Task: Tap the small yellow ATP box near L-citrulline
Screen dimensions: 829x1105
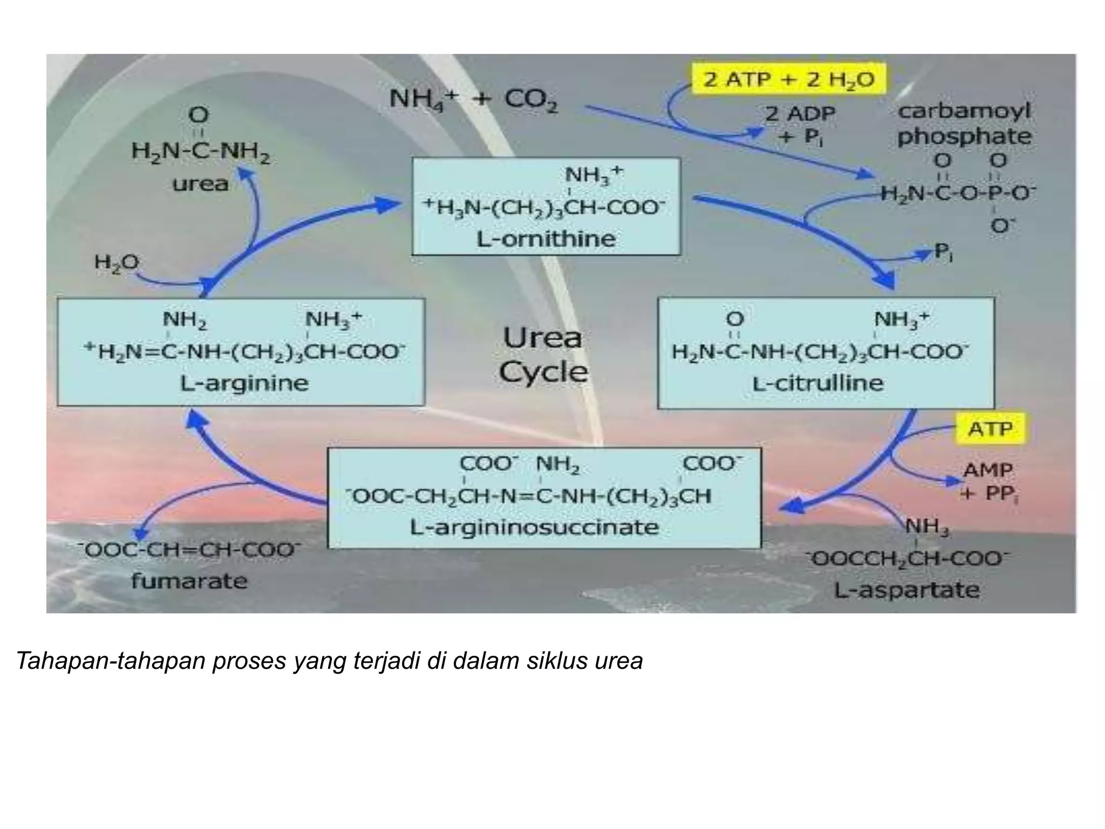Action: point(990,429)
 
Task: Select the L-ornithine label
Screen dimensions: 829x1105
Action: point(545,239)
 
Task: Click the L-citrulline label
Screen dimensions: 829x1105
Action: point(818,383)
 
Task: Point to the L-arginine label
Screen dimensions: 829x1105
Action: point(244,383)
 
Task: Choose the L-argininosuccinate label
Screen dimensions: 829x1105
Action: point(534,527)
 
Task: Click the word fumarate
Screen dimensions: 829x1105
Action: point(189,581)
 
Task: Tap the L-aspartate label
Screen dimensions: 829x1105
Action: point(906,589)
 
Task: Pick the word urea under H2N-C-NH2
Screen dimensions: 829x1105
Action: point(200,184)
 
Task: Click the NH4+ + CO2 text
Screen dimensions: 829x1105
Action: point(473,100)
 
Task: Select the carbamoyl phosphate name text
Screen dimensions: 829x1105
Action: point(964,124)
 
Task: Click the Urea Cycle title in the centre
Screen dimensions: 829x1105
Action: point(543,355)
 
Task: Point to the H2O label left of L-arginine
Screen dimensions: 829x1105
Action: point(117,263)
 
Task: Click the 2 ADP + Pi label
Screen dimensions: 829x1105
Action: point(800,125)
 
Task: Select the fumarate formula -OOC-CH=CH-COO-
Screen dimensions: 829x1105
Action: point(189,551)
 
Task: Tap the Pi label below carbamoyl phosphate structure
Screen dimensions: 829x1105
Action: point(943,252)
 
